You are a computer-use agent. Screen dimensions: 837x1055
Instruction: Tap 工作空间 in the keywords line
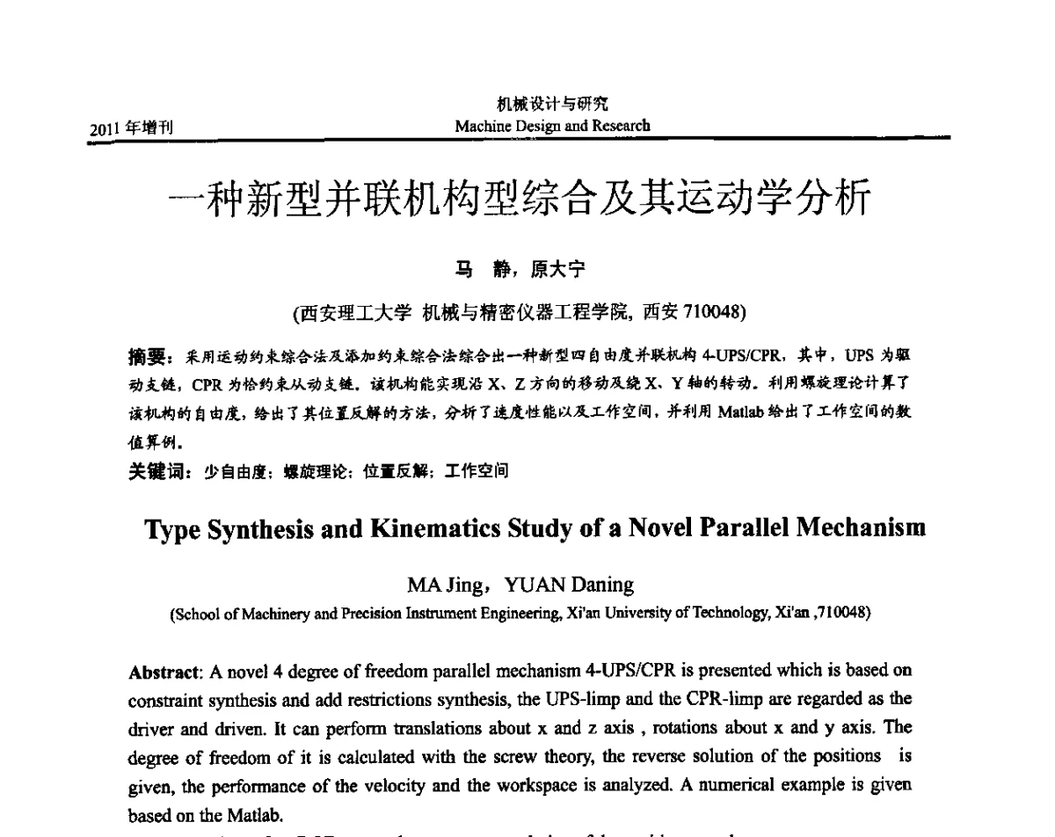pyautogui.click(x=476, y=471)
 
